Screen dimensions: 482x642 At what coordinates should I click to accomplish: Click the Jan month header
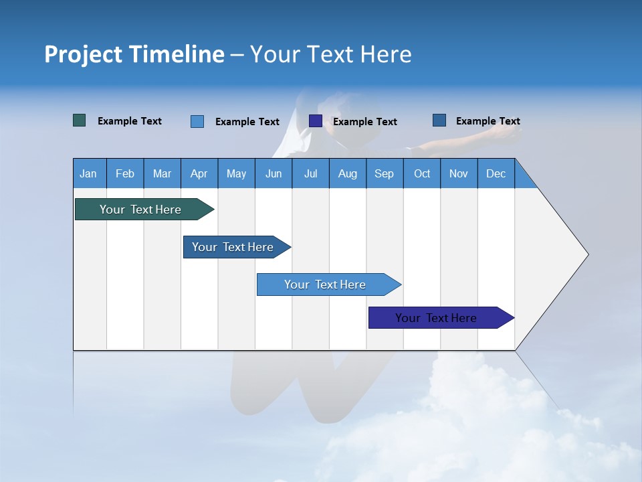point(88,173)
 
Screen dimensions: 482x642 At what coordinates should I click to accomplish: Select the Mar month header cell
point(162,173)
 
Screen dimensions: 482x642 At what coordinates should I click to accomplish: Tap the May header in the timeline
point(236,173)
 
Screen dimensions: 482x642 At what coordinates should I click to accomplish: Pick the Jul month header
point(310,173)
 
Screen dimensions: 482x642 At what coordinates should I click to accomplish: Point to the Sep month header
point(384,173)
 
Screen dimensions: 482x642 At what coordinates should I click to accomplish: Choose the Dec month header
point(496,173)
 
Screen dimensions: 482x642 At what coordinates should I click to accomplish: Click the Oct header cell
point(422,173)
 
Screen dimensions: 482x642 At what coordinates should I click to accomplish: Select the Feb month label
point(125,173)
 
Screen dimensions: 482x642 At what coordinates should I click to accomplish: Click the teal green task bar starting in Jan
point(140,210)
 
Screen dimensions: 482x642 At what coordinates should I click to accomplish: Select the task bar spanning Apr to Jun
point(233,247)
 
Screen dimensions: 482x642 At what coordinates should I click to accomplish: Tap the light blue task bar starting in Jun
point(325,285)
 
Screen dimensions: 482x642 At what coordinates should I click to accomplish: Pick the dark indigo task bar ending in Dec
point(436,318)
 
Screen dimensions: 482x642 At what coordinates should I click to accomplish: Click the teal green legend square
point(80,120)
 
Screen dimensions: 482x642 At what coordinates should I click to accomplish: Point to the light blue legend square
point(197,121)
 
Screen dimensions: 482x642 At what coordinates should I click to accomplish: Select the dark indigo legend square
point(316,120)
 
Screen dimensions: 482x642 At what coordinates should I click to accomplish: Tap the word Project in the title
point(84,54)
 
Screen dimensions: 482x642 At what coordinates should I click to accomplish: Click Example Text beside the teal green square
point(130,121)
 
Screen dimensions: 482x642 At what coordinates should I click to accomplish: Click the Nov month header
point(459,173)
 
